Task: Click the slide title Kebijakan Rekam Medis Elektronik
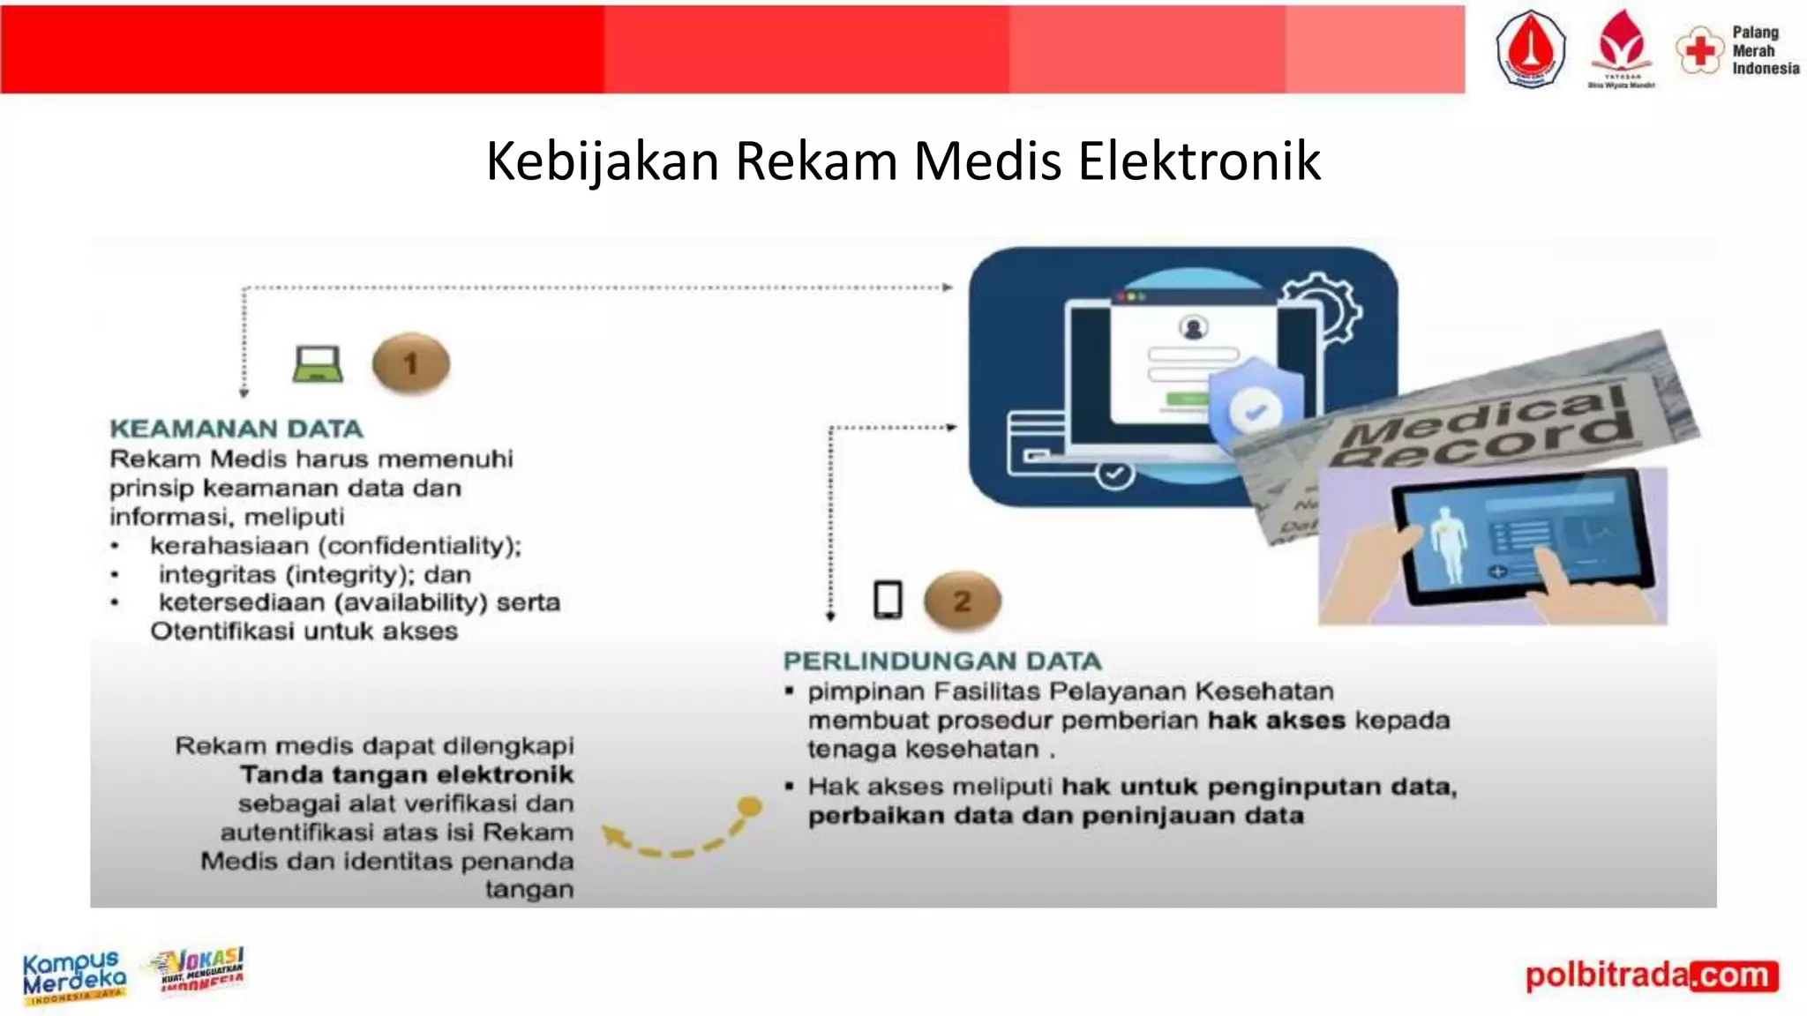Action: tap(903, 161)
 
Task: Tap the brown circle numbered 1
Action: tap(411, 363)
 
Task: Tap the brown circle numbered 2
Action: tap(962, 601)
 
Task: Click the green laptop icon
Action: tap(318, 363)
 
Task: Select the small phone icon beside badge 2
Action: tap(888, 601)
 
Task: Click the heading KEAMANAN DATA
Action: tap(236, 430)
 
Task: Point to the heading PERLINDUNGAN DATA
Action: tap(942, 661)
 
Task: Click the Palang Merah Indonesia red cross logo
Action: tap(1699, 50)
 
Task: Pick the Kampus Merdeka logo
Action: tap(74, 975)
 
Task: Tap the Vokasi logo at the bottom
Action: tap(201, 970)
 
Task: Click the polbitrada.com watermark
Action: tap(1651, 975)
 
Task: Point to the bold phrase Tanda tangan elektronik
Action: tap(407, 775)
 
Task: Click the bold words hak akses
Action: tap(1276, 721)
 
